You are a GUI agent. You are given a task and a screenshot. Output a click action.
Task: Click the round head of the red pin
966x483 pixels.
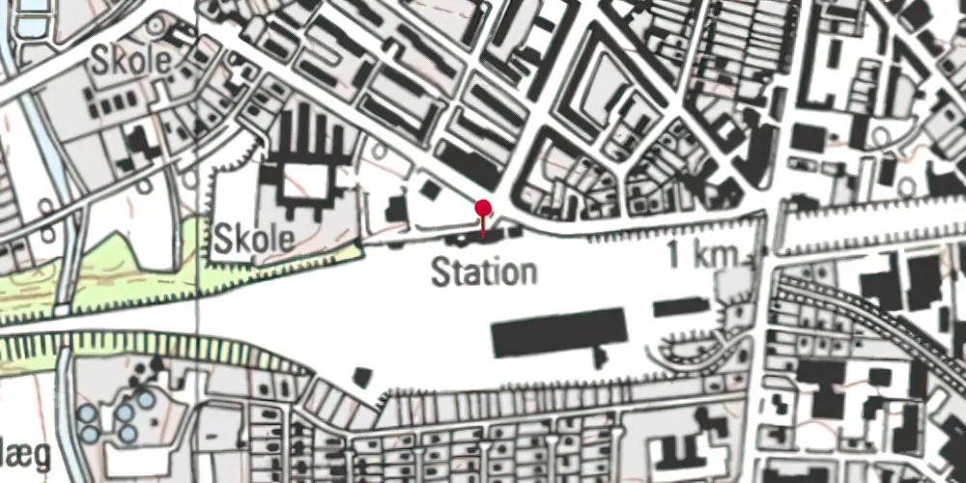click(x=483, y=207)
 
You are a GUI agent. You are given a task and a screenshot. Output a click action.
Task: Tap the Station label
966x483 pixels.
click(x=483, y=271)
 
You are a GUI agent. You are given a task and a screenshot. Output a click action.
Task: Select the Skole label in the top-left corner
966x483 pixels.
click(x=130, y=61)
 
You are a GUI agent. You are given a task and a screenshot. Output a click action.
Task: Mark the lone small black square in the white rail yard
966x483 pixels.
click(x=362, y=378)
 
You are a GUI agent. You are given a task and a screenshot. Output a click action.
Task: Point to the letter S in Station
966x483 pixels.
click(x=440, y=271)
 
